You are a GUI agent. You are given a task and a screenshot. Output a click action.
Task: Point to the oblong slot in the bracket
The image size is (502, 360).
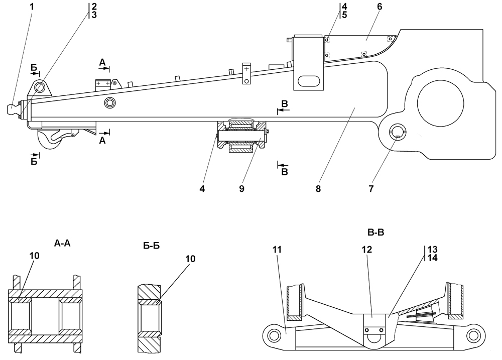pyautogui.click(x=310, y=81)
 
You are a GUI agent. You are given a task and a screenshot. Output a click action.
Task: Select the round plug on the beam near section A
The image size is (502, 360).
pyautogui.click(x=109, y=103)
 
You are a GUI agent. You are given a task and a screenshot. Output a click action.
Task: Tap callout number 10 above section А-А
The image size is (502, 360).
pyautogui.click(x=34, y=255)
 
